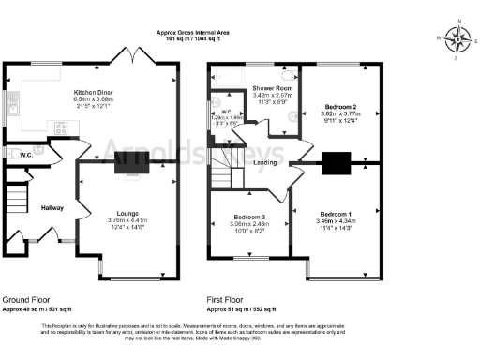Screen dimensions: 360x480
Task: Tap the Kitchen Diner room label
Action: (95, 93)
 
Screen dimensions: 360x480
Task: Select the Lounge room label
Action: (127, 213)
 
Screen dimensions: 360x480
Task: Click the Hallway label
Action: (52, 207)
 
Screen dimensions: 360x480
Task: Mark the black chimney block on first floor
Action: (335, 164)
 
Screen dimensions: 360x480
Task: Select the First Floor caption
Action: (226, 299)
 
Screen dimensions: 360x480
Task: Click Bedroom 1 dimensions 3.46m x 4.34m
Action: (335, 220)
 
